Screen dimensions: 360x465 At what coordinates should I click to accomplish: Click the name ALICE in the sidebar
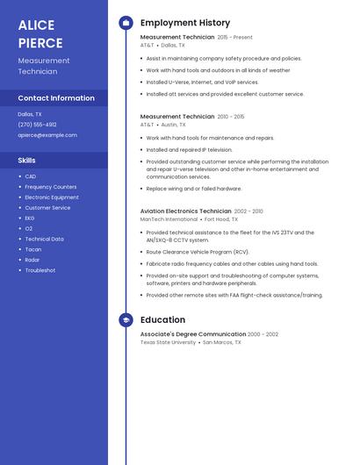pos(36,25)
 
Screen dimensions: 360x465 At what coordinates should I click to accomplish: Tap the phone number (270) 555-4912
pos(37,125)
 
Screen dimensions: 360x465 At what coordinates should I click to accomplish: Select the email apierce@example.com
pos(47,135)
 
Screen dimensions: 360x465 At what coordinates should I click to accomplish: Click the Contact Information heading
pos(56,98)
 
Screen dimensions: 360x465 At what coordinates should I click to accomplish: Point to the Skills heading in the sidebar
pos(27,160)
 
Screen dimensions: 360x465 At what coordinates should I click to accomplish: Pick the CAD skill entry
pos(31,176)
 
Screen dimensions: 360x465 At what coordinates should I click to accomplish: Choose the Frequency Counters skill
pos(50,187)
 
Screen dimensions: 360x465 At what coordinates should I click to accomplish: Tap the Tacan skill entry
pos(33,249)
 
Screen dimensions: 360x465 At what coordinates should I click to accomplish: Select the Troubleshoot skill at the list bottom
pos(40,270)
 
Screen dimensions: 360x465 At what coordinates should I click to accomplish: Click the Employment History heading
pos(185,23)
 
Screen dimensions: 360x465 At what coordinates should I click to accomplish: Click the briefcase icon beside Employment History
pos(126,23)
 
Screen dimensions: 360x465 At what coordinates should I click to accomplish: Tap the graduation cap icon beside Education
pos(126,320)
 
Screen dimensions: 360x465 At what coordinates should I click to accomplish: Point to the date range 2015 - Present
pos(234,38)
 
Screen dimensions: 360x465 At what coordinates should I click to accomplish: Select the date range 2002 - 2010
pos(248,211)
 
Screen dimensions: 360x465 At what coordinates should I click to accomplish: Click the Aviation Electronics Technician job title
pos(185,211)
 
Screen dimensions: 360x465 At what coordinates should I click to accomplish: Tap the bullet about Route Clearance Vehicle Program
pos(198,252)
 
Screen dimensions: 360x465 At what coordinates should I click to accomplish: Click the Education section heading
pos(162,320)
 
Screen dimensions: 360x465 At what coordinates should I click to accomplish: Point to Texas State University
pos(168,342)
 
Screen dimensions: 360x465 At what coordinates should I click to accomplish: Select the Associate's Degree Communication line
pos(192,334)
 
